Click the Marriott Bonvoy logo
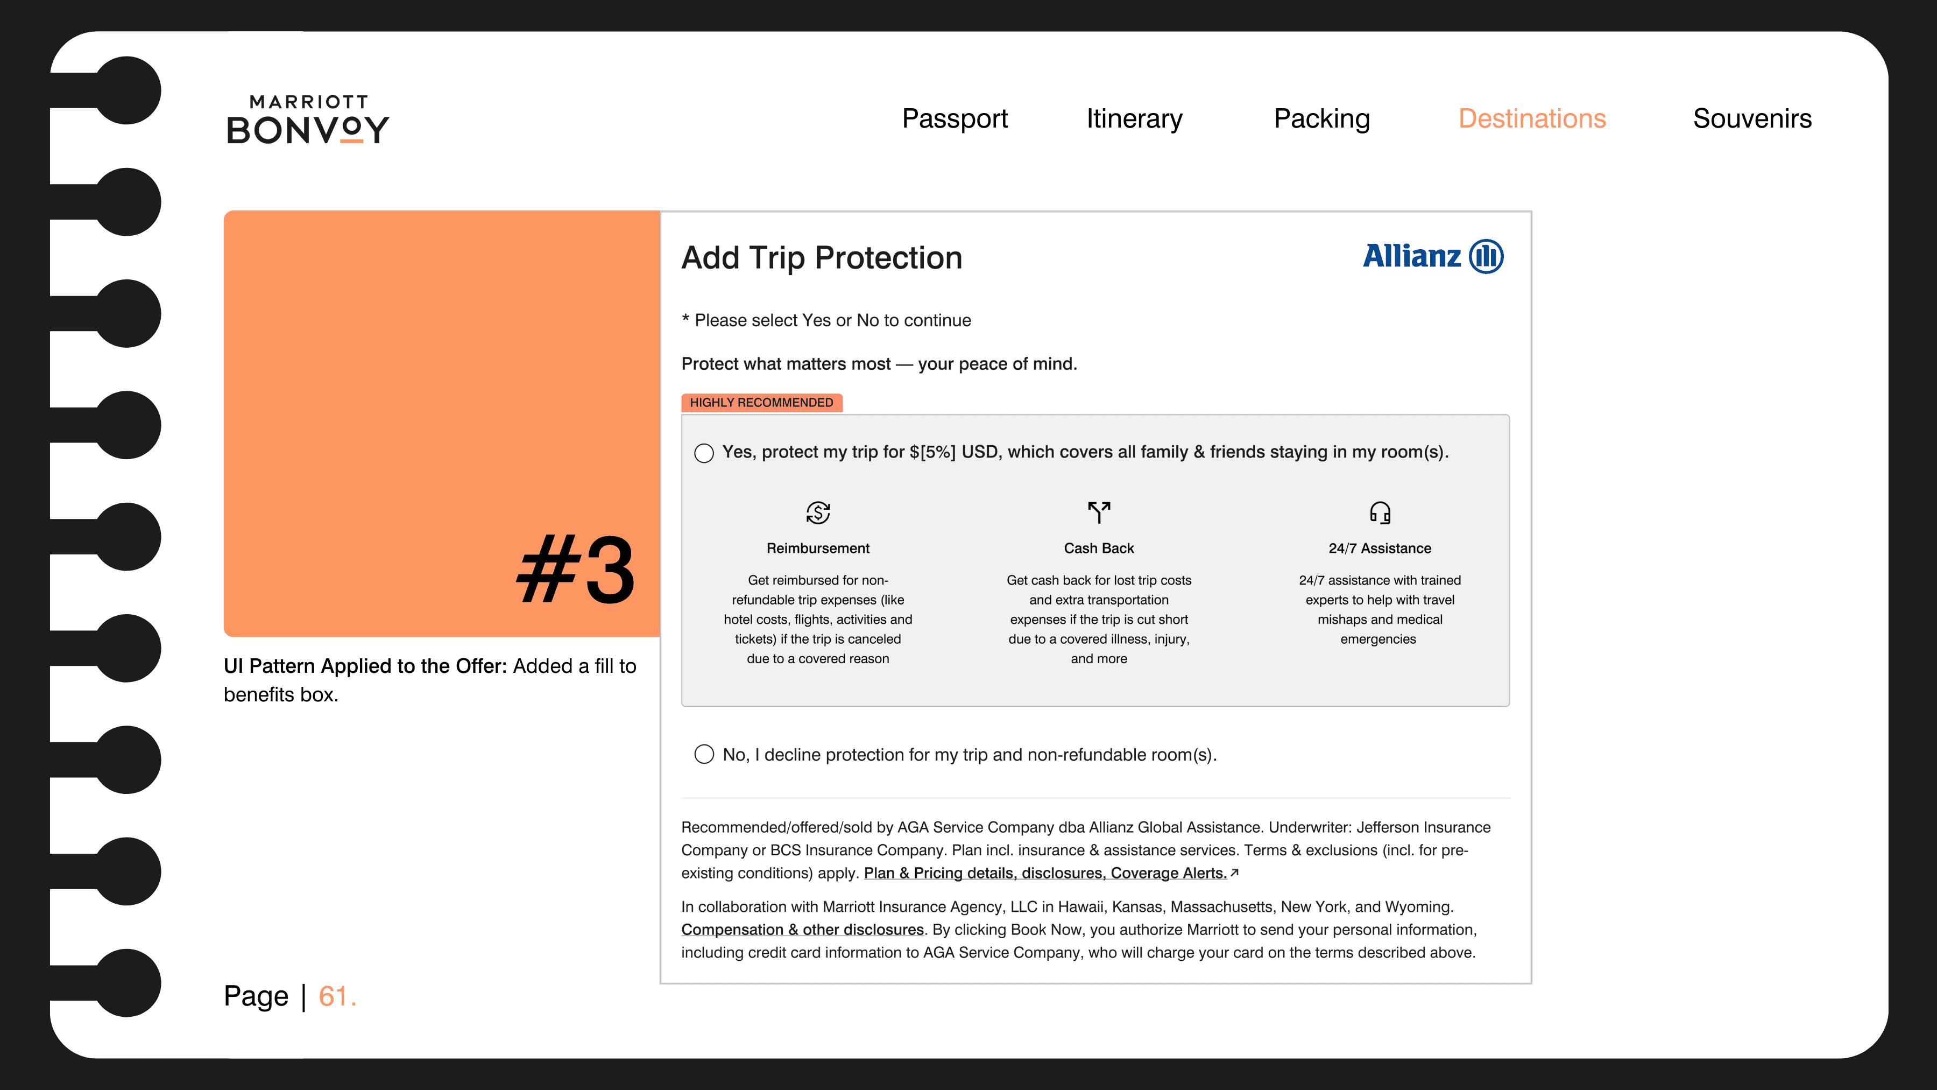308,119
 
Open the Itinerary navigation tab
1134,119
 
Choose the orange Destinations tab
1532,119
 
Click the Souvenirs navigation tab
1752,119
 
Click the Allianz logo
1433,257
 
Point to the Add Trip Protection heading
821,258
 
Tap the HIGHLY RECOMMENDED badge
762,403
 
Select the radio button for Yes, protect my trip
704,453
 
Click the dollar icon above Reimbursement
818,512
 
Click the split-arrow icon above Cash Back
1099,512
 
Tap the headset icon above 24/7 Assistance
1380,512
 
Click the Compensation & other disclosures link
802,930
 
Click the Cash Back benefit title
1099,548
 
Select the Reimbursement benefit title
818,548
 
